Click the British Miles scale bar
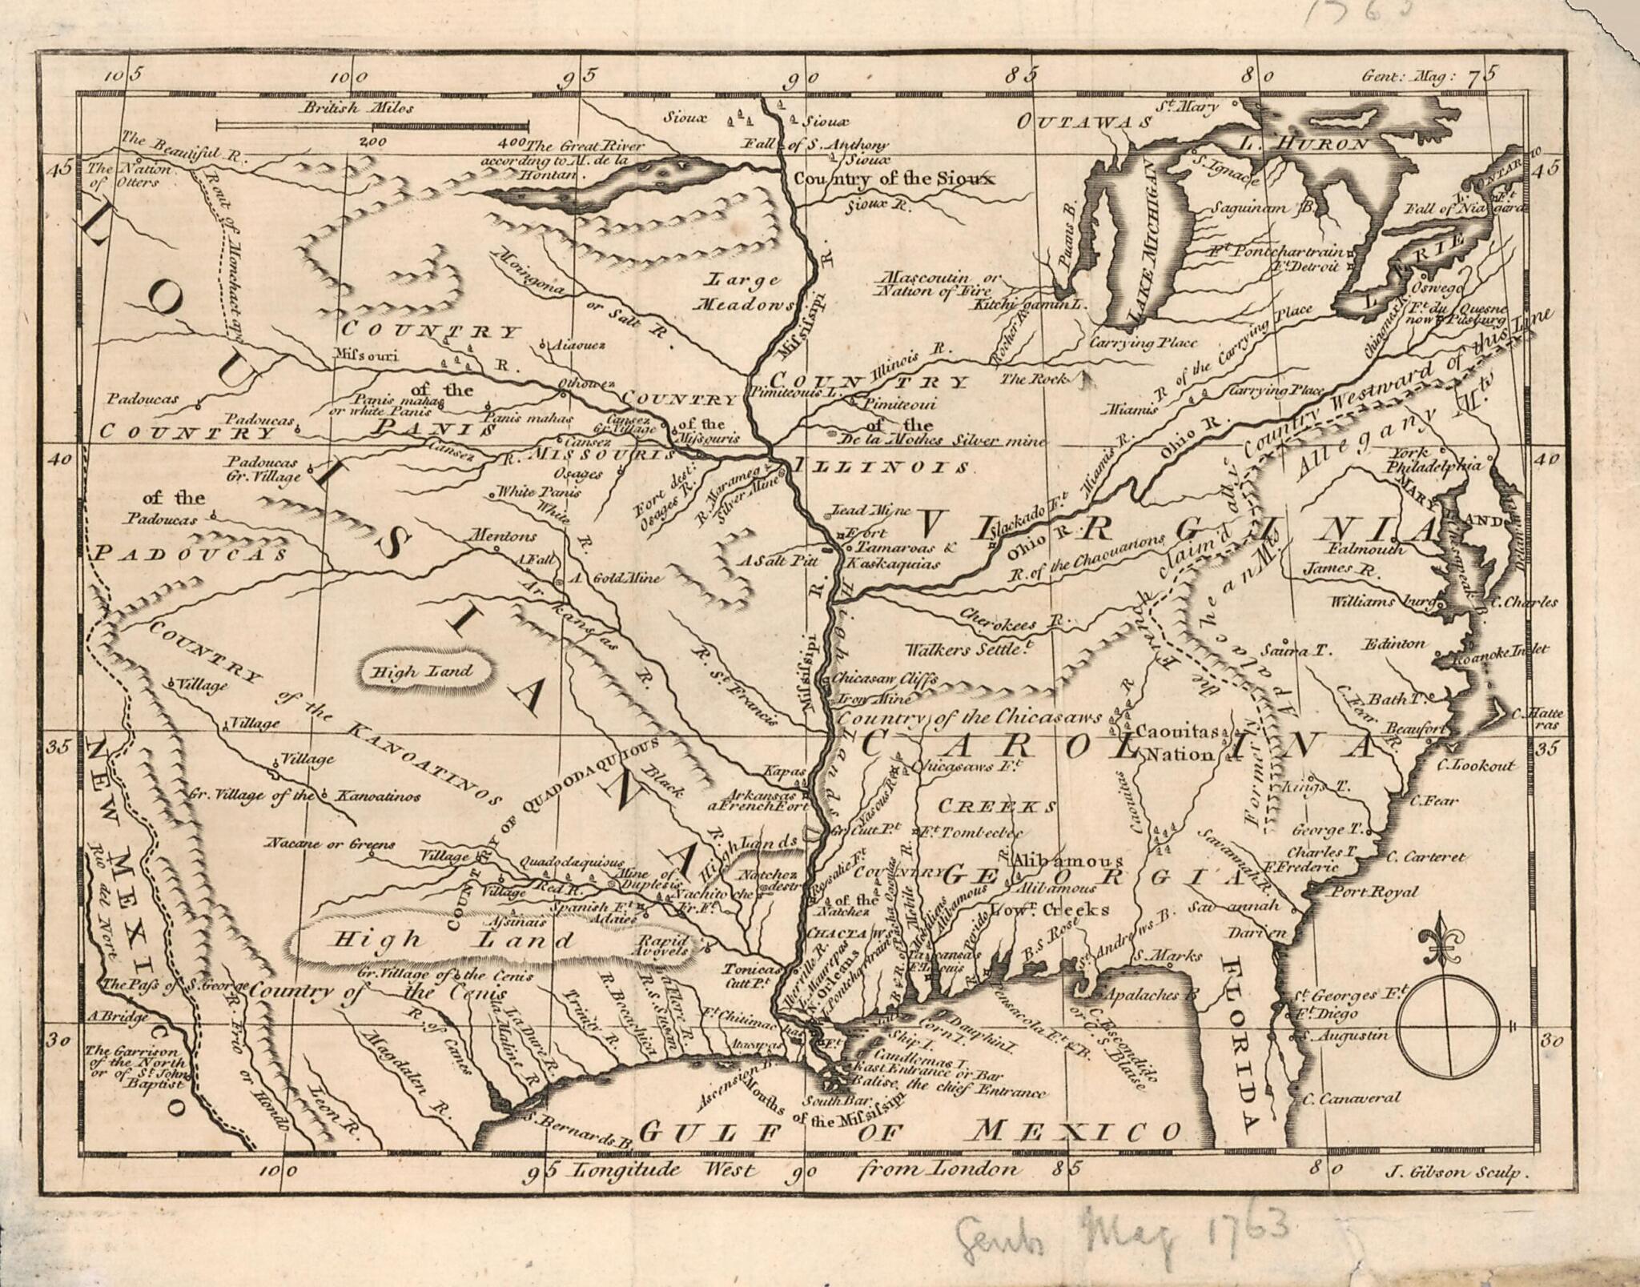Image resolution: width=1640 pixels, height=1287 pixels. pyautogui.click(x=372, y=125)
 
